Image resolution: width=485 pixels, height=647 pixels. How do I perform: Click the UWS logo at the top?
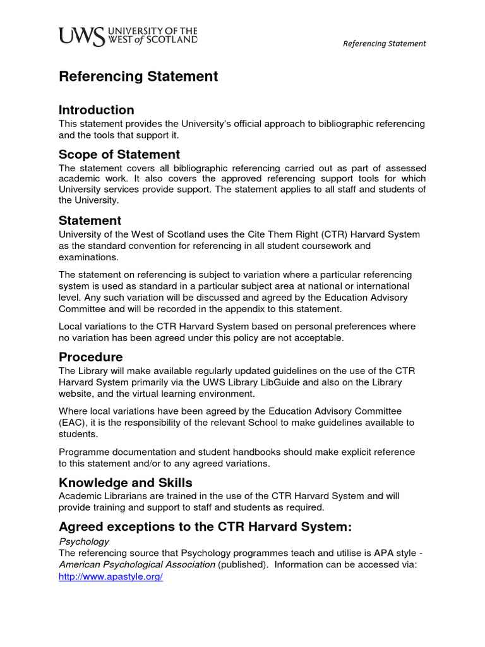128,36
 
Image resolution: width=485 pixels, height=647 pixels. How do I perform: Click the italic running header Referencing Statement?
384,44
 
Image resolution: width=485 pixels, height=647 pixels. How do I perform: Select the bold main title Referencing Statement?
138,76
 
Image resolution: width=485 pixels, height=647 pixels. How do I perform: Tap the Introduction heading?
97,110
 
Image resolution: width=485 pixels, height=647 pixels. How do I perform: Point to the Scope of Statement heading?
119,155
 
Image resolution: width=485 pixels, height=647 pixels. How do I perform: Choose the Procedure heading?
91,357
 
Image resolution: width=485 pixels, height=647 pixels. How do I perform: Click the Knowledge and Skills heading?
126,483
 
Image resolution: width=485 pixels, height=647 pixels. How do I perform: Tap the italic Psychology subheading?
84,541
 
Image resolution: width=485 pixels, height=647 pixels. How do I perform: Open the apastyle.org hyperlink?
111,577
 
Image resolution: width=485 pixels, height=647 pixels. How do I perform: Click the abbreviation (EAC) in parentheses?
75,423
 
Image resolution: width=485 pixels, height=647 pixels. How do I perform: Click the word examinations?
88,257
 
